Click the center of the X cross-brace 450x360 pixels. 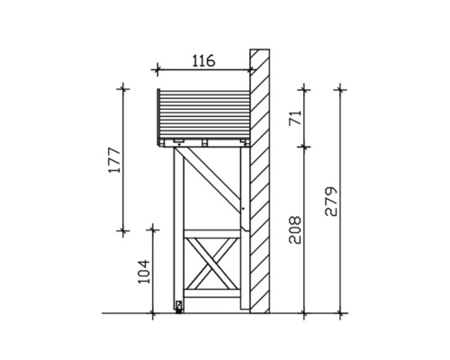212,266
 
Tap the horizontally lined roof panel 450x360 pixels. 202,114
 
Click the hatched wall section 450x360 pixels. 260,180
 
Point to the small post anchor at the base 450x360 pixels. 179,306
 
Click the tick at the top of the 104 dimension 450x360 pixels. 152,230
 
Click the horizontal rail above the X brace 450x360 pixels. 212,232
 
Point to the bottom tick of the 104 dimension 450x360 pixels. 152,313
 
